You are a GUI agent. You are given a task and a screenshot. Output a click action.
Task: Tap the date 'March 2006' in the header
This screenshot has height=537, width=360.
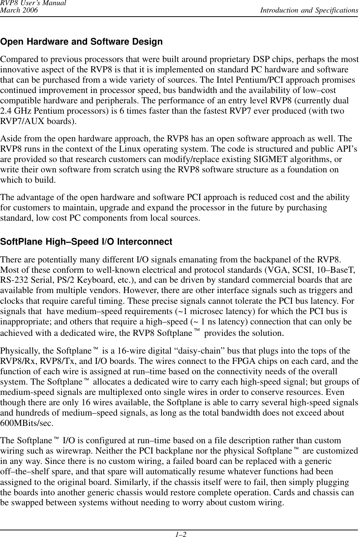tap(19, 10)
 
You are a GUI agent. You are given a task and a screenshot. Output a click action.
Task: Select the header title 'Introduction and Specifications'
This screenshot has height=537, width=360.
tap(309, 10)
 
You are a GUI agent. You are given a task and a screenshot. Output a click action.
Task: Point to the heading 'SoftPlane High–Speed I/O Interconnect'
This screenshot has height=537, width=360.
tap(87, 242)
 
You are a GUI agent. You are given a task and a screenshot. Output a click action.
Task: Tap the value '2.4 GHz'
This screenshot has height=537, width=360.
tap(14, 111)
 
